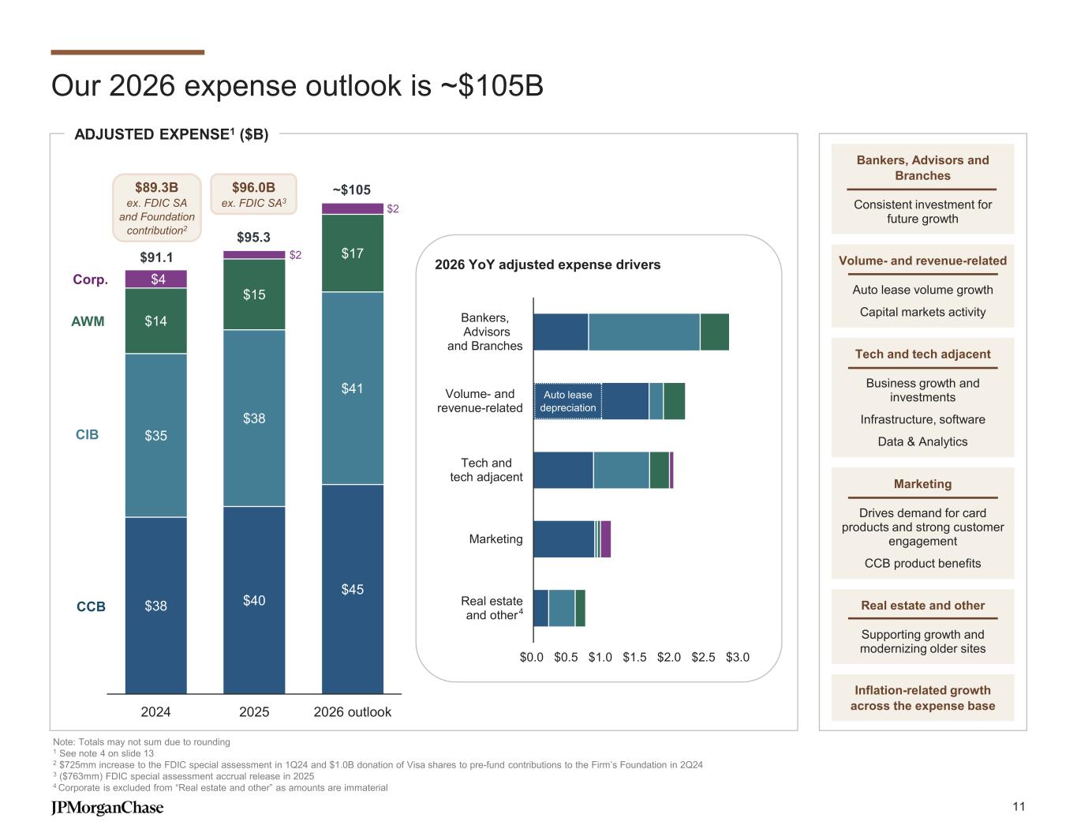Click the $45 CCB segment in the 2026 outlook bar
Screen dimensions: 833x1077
352,589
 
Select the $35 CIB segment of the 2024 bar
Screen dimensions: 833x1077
155,435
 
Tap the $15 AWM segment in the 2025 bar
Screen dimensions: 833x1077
254,295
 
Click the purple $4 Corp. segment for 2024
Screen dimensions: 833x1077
155,279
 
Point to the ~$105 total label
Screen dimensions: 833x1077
351,189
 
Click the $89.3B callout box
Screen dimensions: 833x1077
156,208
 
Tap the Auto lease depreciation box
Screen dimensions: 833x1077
567,401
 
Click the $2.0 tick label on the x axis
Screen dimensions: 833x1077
670,657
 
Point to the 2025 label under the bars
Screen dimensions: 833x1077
254,712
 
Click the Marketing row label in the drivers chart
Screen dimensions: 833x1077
495,538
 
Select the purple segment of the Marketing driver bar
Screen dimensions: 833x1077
606,538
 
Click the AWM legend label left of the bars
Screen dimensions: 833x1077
88,321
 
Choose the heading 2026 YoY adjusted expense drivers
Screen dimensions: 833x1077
548,265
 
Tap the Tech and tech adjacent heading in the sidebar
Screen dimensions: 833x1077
922,354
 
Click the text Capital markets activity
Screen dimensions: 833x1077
922,312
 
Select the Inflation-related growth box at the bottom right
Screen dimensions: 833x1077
922,698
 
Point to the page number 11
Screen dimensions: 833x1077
1019,806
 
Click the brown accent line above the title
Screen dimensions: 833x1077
127,52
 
